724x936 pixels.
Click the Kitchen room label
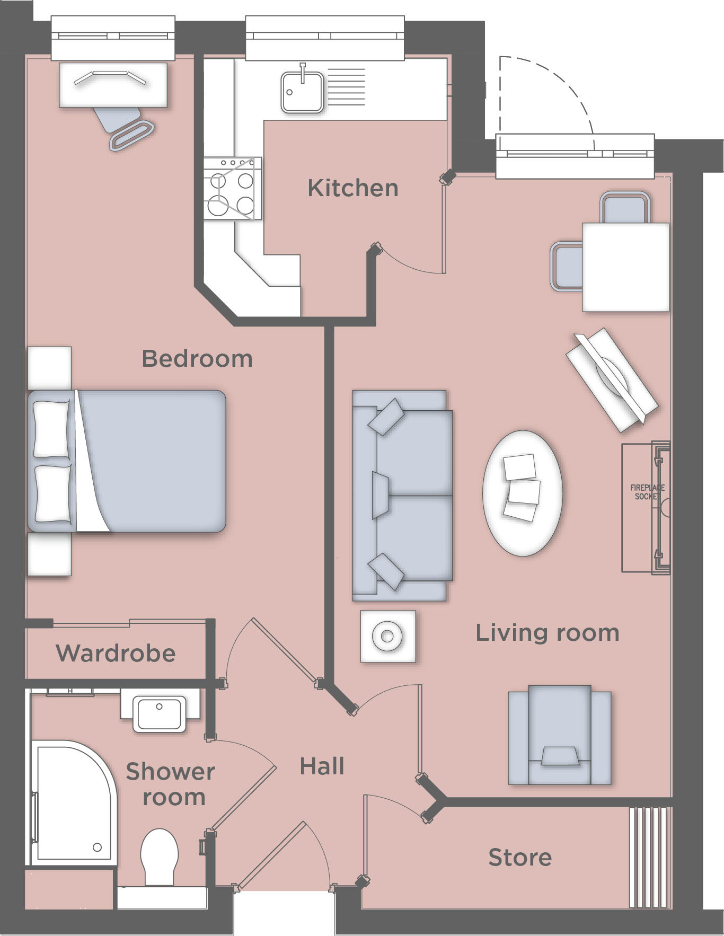[353, 188]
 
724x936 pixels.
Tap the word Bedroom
[197, 359]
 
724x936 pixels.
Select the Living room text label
[547, 633]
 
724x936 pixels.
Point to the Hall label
[322, 766]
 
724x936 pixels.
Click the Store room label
[520, 857]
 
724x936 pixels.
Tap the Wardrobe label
[116, 653]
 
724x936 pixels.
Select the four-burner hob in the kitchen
[232, 189]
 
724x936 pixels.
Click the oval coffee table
[523, 493]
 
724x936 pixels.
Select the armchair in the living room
[560, 734]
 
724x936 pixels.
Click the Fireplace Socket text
[647, 492]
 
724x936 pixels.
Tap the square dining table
[625, 267]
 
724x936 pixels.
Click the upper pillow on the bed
[51, 429]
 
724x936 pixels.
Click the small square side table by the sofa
[387, 635]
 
